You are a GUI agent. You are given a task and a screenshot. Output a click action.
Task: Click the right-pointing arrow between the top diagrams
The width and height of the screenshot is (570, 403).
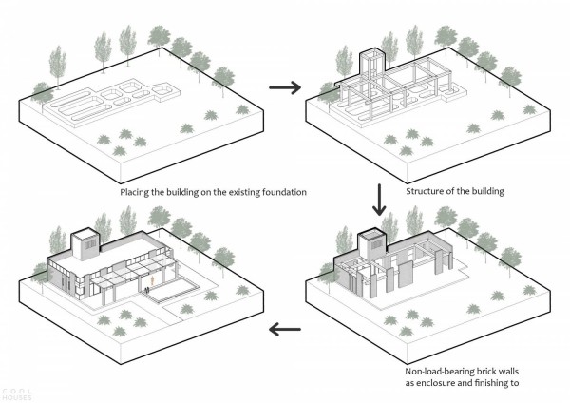[285, 87]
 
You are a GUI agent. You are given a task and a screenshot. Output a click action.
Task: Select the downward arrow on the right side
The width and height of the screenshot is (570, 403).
[379, 200]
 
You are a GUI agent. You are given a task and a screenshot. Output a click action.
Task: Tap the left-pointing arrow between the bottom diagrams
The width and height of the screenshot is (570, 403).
[285, 329]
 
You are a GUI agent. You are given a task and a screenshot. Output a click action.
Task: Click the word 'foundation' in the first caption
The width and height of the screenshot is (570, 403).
[284, 192]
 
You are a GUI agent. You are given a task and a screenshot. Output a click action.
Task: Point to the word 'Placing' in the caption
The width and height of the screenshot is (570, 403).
[134, 192]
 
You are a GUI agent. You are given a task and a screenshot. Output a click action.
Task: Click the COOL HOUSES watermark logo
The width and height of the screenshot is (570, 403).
[16, 394]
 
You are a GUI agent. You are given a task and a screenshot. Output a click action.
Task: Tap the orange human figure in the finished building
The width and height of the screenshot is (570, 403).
[154, 280]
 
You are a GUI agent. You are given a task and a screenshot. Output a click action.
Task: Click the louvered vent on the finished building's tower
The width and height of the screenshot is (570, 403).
[90, 244]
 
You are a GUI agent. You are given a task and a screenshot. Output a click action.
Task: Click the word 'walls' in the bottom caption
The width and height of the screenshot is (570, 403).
[508, 372]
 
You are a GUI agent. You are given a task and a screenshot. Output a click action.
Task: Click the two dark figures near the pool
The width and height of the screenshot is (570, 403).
[146, 290]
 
